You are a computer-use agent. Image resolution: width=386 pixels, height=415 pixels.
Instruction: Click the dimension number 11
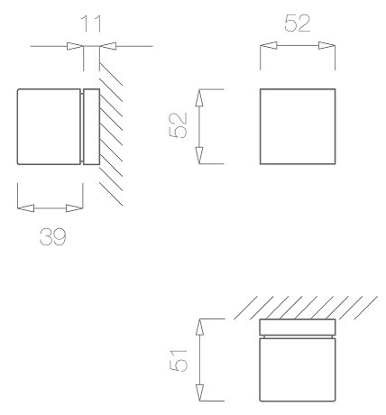click(91, 23)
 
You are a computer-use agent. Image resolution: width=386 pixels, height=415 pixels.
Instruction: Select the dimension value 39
click(53, 236)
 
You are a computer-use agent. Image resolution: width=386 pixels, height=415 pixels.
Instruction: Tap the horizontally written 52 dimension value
click(297, 23)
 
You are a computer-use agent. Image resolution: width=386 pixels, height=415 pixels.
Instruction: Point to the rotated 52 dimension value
click(179, 125)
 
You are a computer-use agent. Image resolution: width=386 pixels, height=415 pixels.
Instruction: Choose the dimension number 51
click(179, 360)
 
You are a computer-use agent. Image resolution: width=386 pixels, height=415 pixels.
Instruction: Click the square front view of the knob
click(298, 126)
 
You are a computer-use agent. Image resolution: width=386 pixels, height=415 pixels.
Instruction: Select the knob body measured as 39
click(49, 126)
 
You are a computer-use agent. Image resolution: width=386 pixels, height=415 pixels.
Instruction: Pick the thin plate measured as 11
click(91, 126)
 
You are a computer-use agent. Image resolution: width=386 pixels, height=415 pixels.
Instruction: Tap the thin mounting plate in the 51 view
click(298, 327)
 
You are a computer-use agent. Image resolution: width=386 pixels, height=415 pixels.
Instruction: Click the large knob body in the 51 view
click(298, 369)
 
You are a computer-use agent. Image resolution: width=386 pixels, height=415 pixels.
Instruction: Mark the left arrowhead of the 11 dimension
click(75, 46)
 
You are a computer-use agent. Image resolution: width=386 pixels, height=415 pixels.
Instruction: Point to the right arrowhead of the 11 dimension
click(107, 46)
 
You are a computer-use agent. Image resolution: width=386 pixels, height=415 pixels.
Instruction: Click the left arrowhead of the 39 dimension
click(25, 208)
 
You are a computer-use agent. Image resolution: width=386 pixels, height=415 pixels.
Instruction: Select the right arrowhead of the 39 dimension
click(74, 208)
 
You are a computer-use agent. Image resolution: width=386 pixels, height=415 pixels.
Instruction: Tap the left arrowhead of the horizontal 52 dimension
click(269, 46)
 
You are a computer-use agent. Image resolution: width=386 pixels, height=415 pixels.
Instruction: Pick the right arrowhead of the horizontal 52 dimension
click(326, 46)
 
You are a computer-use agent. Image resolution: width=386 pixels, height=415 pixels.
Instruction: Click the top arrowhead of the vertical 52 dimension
click(199, 97)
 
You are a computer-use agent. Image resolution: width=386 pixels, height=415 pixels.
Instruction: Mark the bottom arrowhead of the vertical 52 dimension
click(199, 155)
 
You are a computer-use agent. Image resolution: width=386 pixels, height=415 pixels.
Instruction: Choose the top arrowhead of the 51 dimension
click(199, 327)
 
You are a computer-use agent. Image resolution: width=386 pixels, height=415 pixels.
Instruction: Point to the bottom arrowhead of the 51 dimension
click(199, 392)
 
